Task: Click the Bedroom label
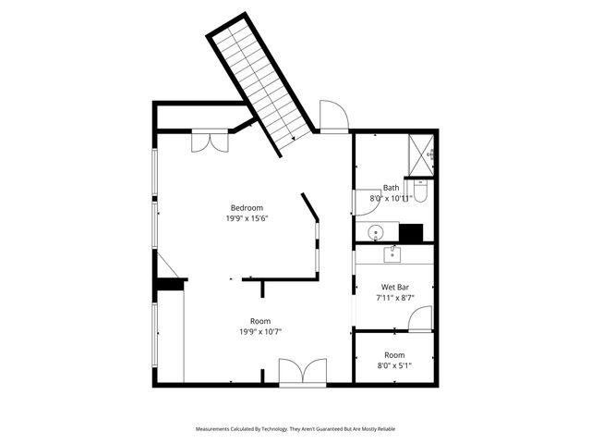pyautogui.click(x=247, y=207)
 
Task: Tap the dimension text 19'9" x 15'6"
pyautogui.click(x=247, y=219)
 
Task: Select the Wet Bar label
pyautogui.click(x=395, y=287)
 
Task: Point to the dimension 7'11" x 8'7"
pyautogui.click(x=395, y=298)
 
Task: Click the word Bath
pyautogui.click(x=392, y=188)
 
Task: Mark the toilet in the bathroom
pyautogui.click(x=420, y=191)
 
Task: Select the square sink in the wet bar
pyautogui.click(x=393, y=253)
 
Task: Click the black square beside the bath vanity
pyautogui.click(x=411, y=233)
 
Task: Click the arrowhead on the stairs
pyautogui.click(x=294, y=139)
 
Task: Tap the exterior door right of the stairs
pyautogui.click(x=333, y=117)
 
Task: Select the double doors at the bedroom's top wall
pyautogui.click(x=210, y=142)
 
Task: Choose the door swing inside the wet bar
pyautogui.click(x=420, y=320)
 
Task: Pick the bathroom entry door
pyautogui.click(x=362, y=203)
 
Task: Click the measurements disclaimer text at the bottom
pyautogui.click(x=295, y=429)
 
